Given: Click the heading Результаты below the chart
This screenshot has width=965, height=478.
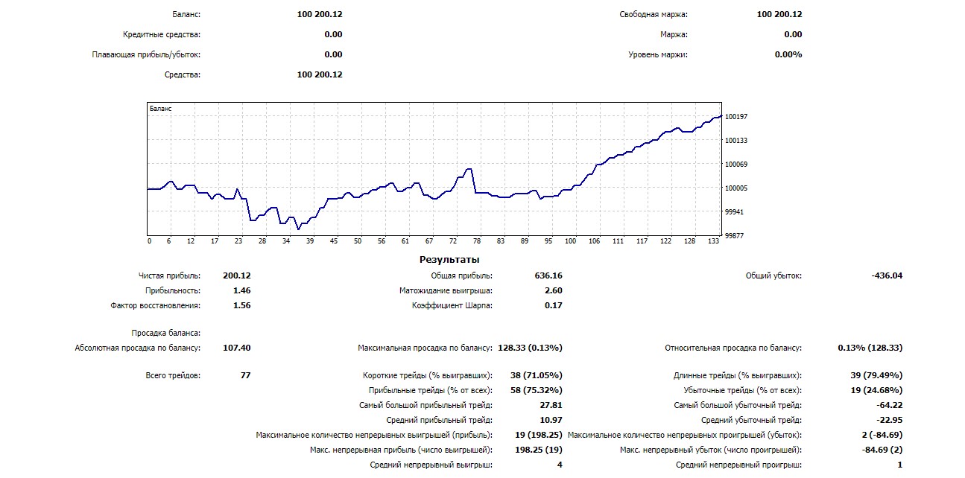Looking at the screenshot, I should (x=449, y=260).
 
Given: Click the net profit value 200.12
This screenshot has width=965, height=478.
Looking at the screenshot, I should (x=236, y=275).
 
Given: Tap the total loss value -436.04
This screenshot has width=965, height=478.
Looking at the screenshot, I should (x=887, y=275).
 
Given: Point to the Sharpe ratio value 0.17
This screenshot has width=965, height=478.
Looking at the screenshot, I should (x=554, y=305).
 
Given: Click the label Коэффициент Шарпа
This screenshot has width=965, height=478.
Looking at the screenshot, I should (x=452, y=305).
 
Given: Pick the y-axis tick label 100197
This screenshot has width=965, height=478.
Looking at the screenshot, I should (x=736, y=117).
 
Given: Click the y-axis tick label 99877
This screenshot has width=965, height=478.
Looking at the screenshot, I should (x=734, y=236).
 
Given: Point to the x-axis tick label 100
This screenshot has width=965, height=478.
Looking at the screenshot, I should (x=571, y=241).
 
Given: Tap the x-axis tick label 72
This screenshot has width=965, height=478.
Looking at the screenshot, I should (x=453, y=241).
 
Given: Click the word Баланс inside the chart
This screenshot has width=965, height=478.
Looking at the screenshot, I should (x=160, y=109).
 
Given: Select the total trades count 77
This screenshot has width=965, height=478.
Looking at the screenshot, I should (x=245, y=375).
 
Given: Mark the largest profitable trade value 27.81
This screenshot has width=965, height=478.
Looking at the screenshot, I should (x=551, y=405).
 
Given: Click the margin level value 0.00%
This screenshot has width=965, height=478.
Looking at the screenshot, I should (x=788, y=54).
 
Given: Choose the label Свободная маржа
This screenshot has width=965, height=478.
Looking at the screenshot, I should (x=654, y=14).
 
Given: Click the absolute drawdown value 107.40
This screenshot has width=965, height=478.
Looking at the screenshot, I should (x=236, y=348).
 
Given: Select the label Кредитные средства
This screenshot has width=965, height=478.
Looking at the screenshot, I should (x=162, y=34).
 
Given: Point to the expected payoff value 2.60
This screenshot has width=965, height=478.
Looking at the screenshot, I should (x=554, y=290).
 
